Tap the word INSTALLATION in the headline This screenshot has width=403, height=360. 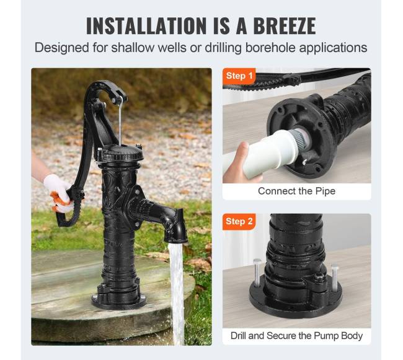pos(146,25)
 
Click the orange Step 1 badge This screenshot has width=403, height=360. pos(239,76)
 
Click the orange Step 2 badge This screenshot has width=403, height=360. pos(239,221)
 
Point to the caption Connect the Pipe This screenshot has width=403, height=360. pos(296,191)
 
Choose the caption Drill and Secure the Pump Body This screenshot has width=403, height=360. pos(296,336)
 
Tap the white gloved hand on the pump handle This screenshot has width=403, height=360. pos(59,192)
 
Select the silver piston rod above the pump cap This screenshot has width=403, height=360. pos(120,121)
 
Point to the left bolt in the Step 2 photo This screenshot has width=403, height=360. pos(257,273)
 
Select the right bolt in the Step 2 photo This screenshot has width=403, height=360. pos(335,278)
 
